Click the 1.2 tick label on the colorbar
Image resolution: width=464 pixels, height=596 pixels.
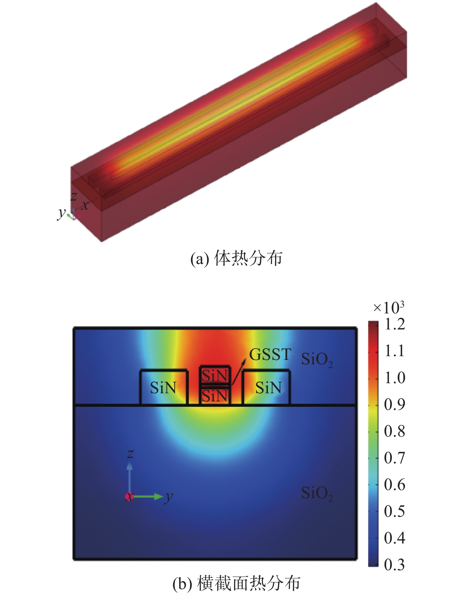point(395,324)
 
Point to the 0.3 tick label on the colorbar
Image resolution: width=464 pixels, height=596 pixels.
point(395,565)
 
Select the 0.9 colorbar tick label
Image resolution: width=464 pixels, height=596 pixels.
point(395,404)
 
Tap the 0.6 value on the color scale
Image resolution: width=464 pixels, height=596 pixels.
point(395,484)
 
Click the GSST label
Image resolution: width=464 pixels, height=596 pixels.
point(270,355)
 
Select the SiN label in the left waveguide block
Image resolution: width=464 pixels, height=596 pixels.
point(163,388)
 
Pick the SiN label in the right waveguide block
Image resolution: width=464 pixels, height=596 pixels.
point(268,388)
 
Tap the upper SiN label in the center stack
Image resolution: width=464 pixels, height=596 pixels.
point(215,376)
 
